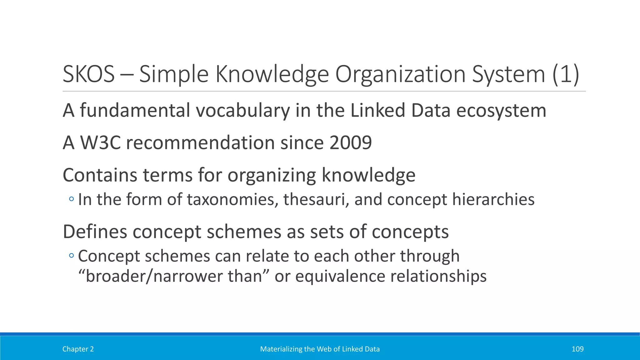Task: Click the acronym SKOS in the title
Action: (88, 74)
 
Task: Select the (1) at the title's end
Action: (566, 74)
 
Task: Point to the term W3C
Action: (100, 143)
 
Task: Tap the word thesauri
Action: (316, 199)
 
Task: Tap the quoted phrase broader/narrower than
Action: (174, 276)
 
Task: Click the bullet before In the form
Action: (72, 199)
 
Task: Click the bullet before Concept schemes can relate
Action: (72, 256)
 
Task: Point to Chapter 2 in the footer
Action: (78, 349)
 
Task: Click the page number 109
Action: (577, 349)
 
